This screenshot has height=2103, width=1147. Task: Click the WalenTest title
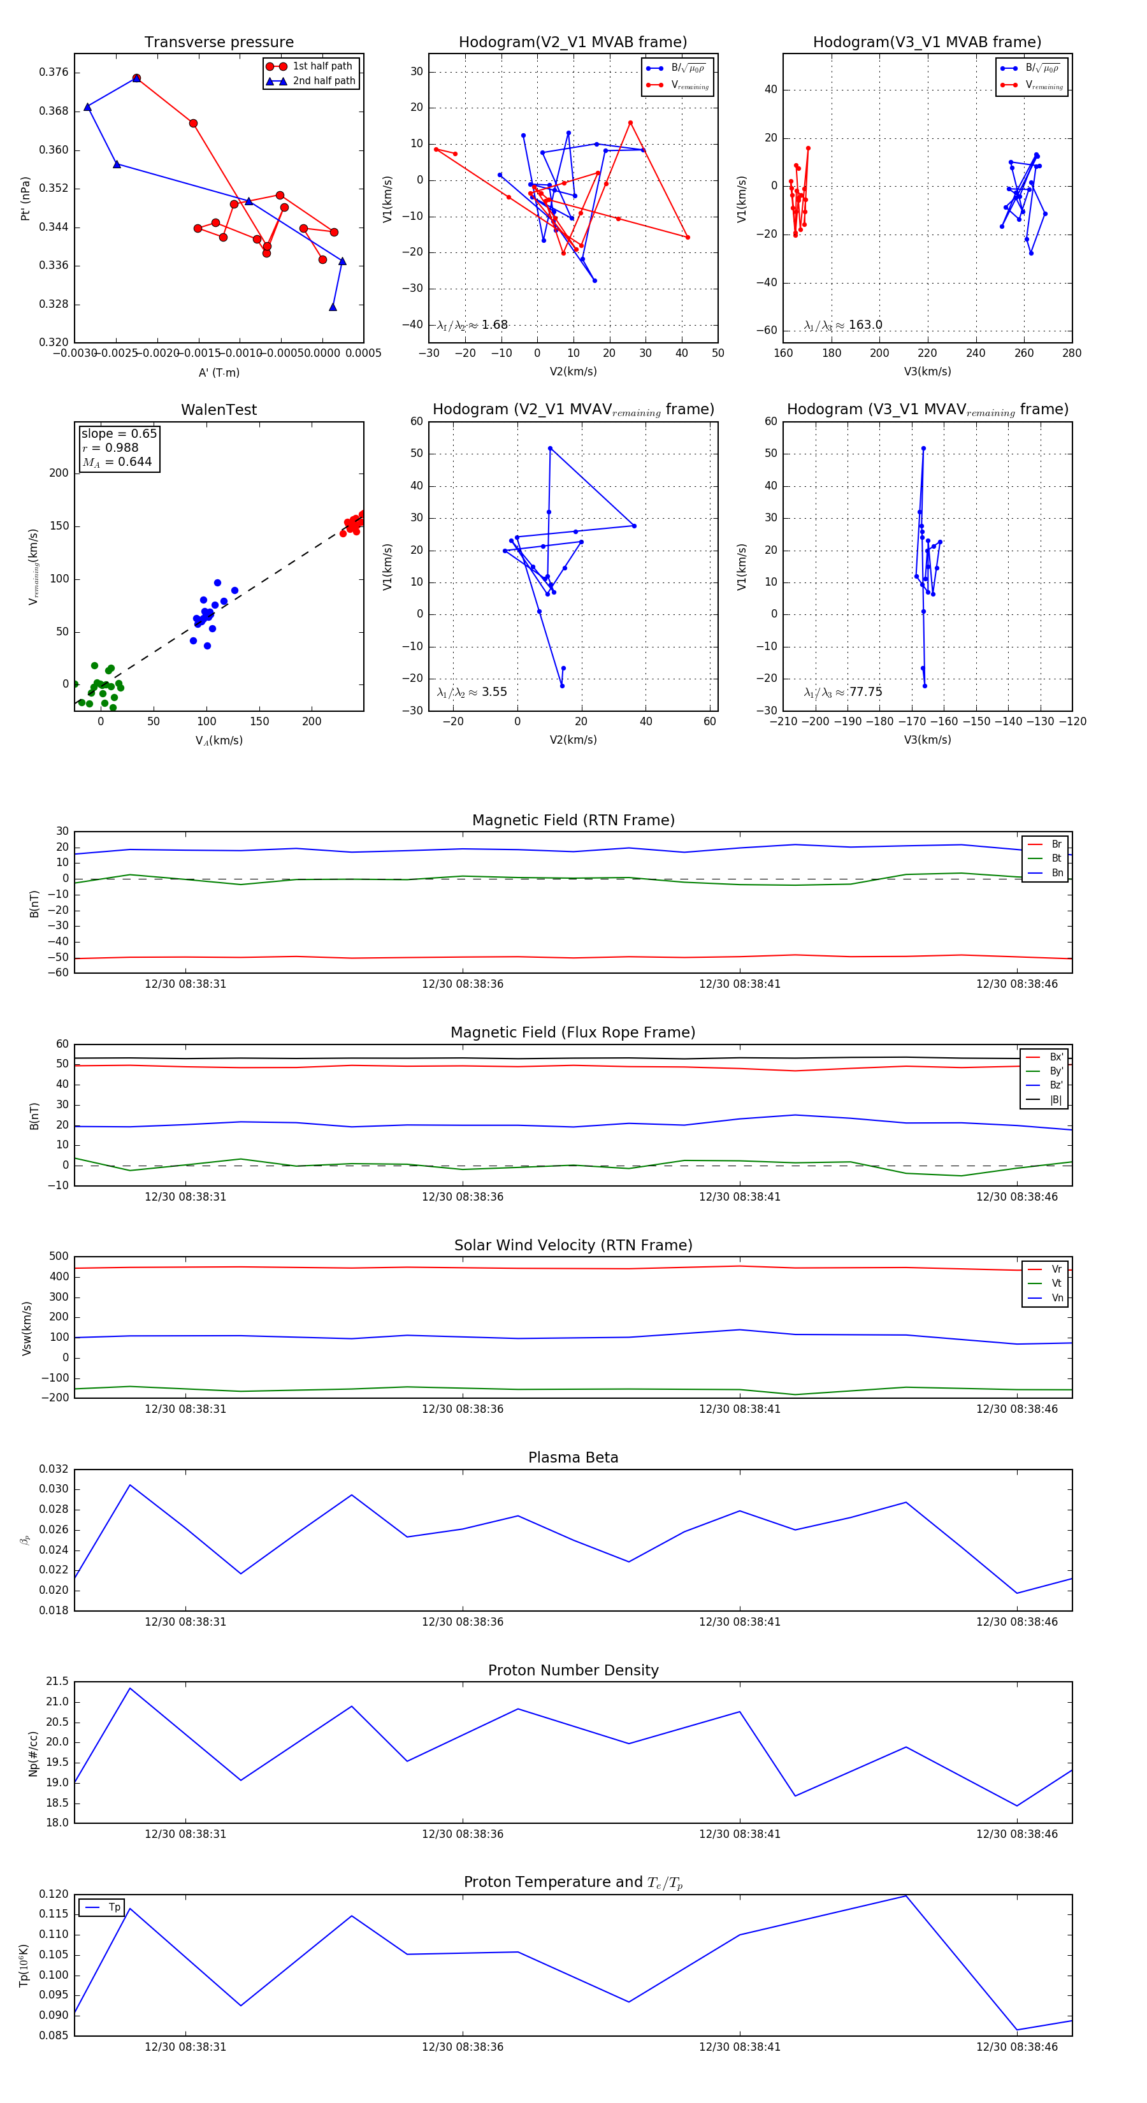click(219, 410)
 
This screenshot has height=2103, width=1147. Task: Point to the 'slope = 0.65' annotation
click(119, 433)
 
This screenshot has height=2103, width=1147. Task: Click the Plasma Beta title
click(573, 1458)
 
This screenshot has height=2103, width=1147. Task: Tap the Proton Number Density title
click(573, 1670)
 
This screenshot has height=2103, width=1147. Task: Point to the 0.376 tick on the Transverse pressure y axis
click(54, 73)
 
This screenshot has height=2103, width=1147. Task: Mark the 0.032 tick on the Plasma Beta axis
click(54, 1470)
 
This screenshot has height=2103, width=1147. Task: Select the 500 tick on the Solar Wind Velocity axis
click(59, 1257)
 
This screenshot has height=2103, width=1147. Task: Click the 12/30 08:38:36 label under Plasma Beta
click(462, 1622)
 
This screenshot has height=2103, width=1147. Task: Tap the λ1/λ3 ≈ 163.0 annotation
click(842, 325)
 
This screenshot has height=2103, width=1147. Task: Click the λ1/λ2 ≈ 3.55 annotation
click(472, 692)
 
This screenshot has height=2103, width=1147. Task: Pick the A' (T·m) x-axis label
click(219, 372)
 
